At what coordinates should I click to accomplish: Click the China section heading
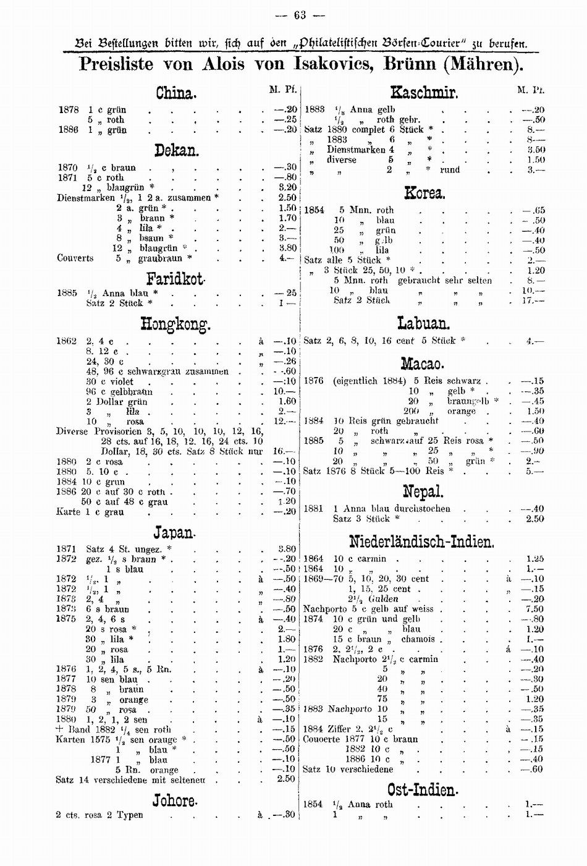[x=175, y=93]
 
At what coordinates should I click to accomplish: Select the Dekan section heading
[x=175, y=150]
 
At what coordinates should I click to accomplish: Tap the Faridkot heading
[x=175, y=278]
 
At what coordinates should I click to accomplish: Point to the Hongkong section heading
[x=175, y=323]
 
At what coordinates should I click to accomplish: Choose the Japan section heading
[x=175, y=532]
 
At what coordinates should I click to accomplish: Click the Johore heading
[x=175, y=800]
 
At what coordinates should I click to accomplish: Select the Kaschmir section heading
[x=424, y=93]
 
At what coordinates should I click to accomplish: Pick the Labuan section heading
[x=424, y=323]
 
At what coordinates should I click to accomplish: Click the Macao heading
[x=424, y=363]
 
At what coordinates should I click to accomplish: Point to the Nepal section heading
[x=424, y=492]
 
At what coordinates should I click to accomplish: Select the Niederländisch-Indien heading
[x=422, y=542]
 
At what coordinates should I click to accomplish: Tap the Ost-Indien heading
[x=423, y=789]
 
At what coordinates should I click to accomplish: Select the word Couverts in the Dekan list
[x=75, y=258]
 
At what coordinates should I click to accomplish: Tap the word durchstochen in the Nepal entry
[x=416, y=509]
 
